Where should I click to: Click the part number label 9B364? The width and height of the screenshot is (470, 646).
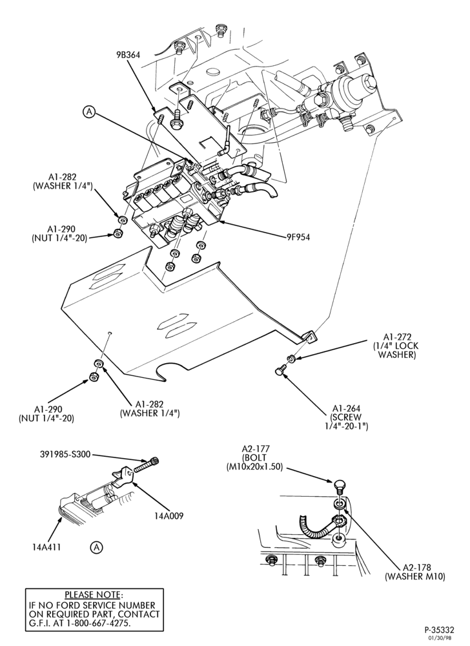[127, 54]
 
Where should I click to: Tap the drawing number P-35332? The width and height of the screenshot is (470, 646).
[439, 629]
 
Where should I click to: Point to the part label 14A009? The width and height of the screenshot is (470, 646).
[170, 516]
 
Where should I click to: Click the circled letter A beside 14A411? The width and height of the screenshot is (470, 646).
[96, 548]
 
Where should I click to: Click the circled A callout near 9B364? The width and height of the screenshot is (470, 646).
[89, 111]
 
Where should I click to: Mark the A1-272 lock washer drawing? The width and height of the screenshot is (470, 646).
[291, 358]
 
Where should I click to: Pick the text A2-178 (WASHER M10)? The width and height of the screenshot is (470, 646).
[415, 572]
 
